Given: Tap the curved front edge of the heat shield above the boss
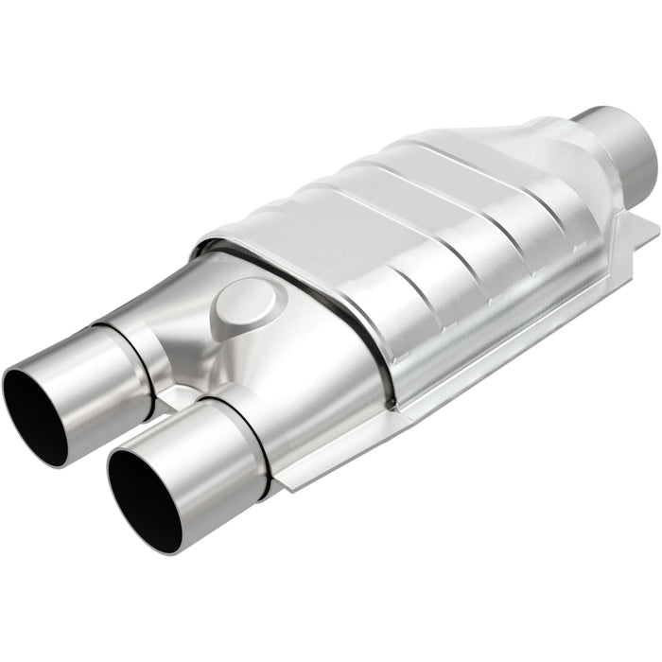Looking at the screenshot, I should point(284,241).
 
